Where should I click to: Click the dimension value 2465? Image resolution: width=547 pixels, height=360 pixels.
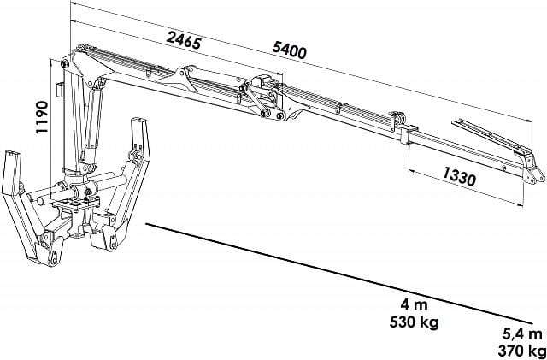(x=184, y=40)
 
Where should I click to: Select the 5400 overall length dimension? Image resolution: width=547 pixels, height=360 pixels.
(x=289, y=50)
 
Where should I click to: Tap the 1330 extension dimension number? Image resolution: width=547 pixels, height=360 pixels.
(x=460, y=176)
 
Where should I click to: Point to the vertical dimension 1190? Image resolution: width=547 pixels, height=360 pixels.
(x=42, y=117)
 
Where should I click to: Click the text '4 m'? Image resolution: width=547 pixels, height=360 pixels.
(x=414, y=304)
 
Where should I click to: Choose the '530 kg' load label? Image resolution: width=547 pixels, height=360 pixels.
(x=414, y=322)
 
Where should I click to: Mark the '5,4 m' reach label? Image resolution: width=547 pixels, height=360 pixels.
(x=522, y=334)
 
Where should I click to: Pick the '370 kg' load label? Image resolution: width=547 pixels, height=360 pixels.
(x=522, y=351)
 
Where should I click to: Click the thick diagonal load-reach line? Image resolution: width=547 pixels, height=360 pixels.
(x=339, y=274)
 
